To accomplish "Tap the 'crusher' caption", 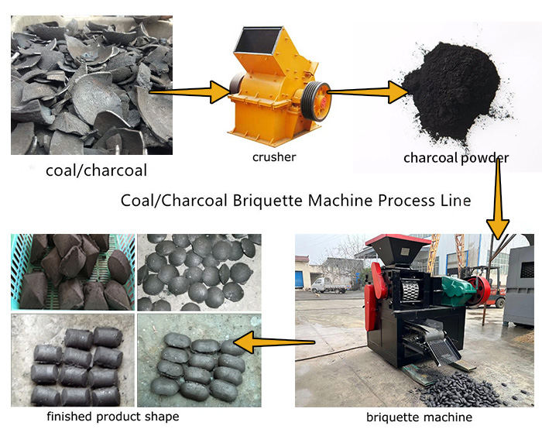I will pos(274,157).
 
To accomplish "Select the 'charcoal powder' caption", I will pos(455,158).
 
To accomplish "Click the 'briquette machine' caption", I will pos(419,417).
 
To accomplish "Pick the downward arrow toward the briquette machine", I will pos(499,197).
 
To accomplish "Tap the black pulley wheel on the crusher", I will pos(315,98).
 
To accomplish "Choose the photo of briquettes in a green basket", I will pos(71,271).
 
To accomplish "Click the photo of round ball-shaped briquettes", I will pos(197,271).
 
